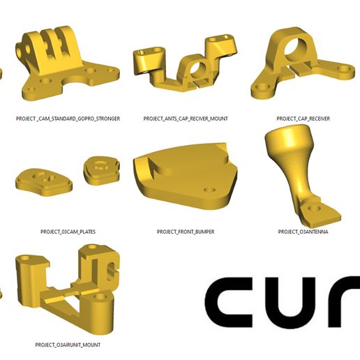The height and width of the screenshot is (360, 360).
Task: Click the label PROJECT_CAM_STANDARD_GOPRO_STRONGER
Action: point(68,119)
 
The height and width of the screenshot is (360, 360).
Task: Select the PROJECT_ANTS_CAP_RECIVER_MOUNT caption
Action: point(186,119)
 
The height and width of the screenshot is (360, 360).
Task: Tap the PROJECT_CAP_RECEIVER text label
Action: point(303,119)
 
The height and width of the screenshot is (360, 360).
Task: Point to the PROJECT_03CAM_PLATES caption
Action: point(68,232)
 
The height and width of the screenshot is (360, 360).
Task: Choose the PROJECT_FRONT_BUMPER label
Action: point(186,232)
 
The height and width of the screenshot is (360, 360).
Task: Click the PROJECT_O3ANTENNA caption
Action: point(303,232)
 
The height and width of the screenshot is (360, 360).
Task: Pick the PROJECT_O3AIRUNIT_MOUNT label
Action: point(68,345)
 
